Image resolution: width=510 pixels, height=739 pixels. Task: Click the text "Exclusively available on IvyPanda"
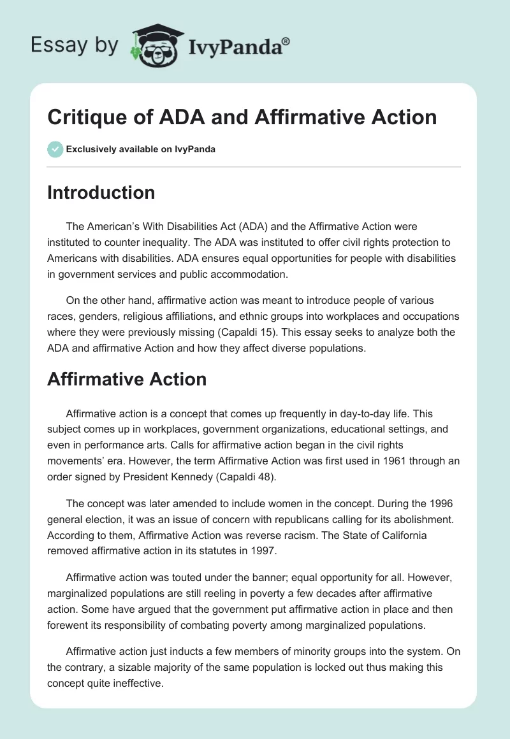coord(141,150)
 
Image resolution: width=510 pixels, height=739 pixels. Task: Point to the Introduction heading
coord(101,192)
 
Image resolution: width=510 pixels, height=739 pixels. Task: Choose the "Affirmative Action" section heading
coord(127,379)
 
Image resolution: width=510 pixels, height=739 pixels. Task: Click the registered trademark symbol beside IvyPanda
coord(286,41)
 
